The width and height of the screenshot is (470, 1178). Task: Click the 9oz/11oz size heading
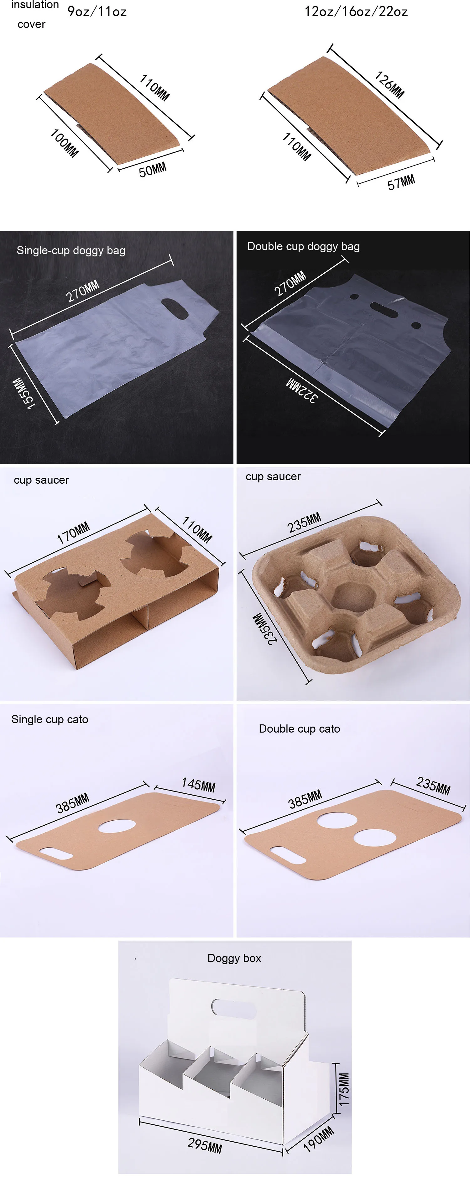97,11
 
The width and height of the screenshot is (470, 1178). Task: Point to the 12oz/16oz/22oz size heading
356,11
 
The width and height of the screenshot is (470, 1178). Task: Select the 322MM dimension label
301,390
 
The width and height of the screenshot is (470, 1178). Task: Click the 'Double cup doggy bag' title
304,246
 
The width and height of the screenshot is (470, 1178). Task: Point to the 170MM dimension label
73,533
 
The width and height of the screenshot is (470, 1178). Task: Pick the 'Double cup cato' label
300,728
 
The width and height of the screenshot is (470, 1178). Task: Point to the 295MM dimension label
205,1145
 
